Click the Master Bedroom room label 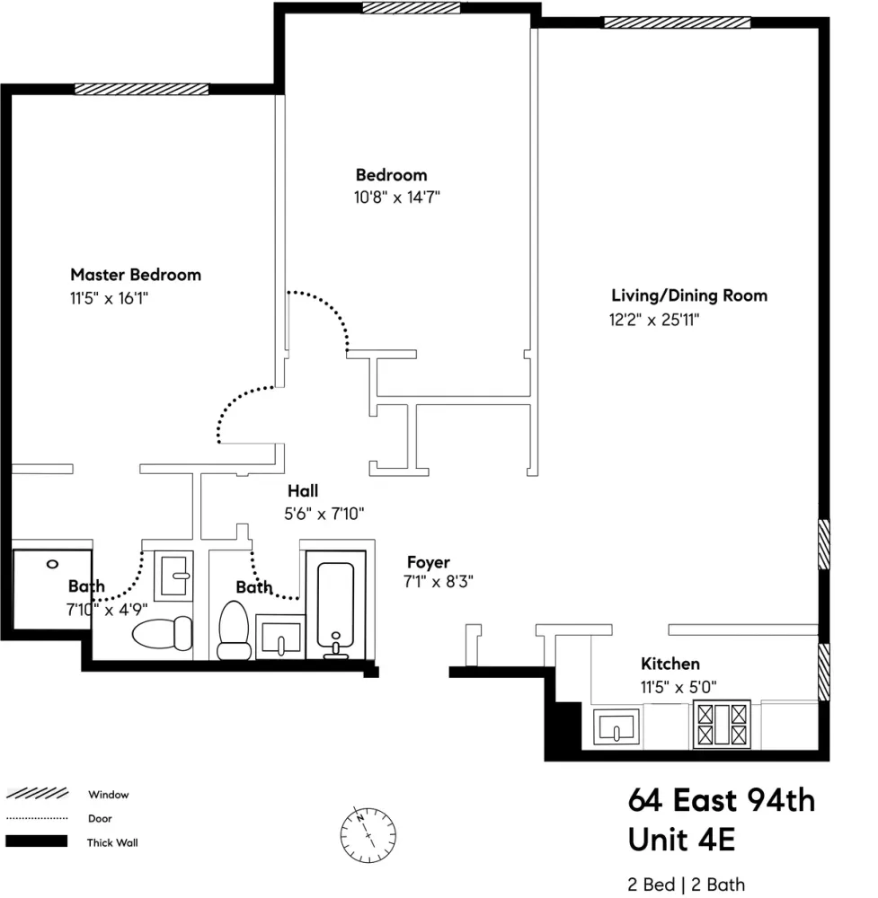135,275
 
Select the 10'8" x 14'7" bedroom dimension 396,197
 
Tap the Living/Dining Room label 688,295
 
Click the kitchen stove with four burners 719,725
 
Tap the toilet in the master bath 163,633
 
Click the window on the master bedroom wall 141,89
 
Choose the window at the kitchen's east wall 823,671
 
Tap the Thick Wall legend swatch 37,842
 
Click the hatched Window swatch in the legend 37,794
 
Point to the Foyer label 428,563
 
